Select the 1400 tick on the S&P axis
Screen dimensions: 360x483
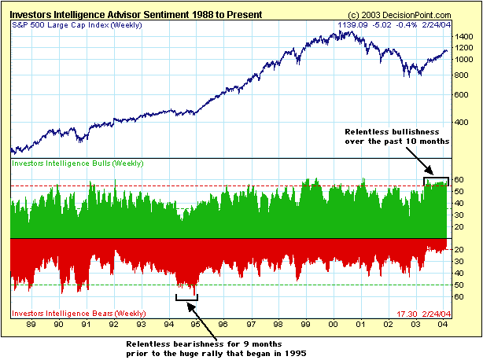[465, 37]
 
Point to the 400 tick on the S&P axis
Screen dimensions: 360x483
[463, 122]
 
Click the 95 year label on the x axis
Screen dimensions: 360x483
[197, 323]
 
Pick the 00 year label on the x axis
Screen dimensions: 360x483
[334, 323]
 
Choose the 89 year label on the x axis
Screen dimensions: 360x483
[31, 323]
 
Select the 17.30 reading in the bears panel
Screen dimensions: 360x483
[411, 313]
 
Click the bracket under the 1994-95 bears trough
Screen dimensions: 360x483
[186, 297]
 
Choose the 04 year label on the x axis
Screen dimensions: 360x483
[444, 323]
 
